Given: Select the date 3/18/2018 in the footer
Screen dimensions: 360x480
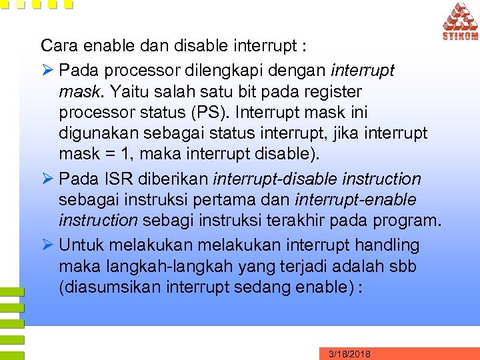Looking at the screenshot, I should coord(349,354).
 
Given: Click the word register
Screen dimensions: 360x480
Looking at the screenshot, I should coord(331,91).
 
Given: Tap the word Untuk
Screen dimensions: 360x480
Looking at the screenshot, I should coord(81,245).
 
